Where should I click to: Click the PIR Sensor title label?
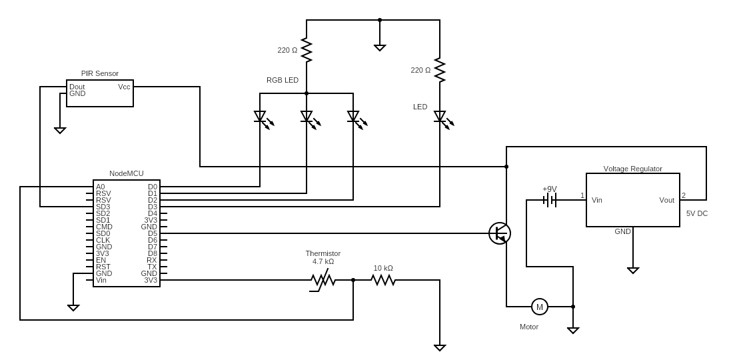(100, 73)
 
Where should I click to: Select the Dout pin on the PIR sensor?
(77, 87)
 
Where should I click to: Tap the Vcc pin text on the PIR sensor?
(124, 87)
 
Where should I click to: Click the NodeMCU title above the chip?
(127, 173)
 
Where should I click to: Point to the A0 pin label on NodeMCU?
(100, 187)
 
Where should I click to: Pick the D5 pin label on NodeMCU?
(153, 233)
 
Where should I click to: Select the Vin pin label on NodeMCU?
(101, 280)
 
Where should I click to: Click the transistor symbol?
(500, 233)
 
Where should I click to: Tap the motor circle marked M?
(540, 307)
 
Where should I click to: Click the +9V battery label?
(550, 189)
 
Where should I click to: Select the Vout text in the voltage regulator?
(666, 200)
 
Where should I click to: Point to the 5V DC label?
(697, 213)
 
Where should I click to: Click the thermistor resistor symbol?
(323, 281)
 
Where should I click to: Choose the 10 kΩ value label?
(383, 268)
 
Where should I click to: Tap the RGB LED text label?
(283, 80)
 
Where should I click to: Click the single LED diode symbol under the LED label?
(440, 117)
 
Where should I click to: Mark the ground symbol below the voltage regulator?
(633, 270)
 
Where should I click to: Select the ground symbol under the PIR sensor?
(60, 130)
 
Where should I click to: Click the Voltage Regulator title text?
(633, 169)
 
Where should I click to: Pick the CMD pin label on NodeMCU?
(104, 227)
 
